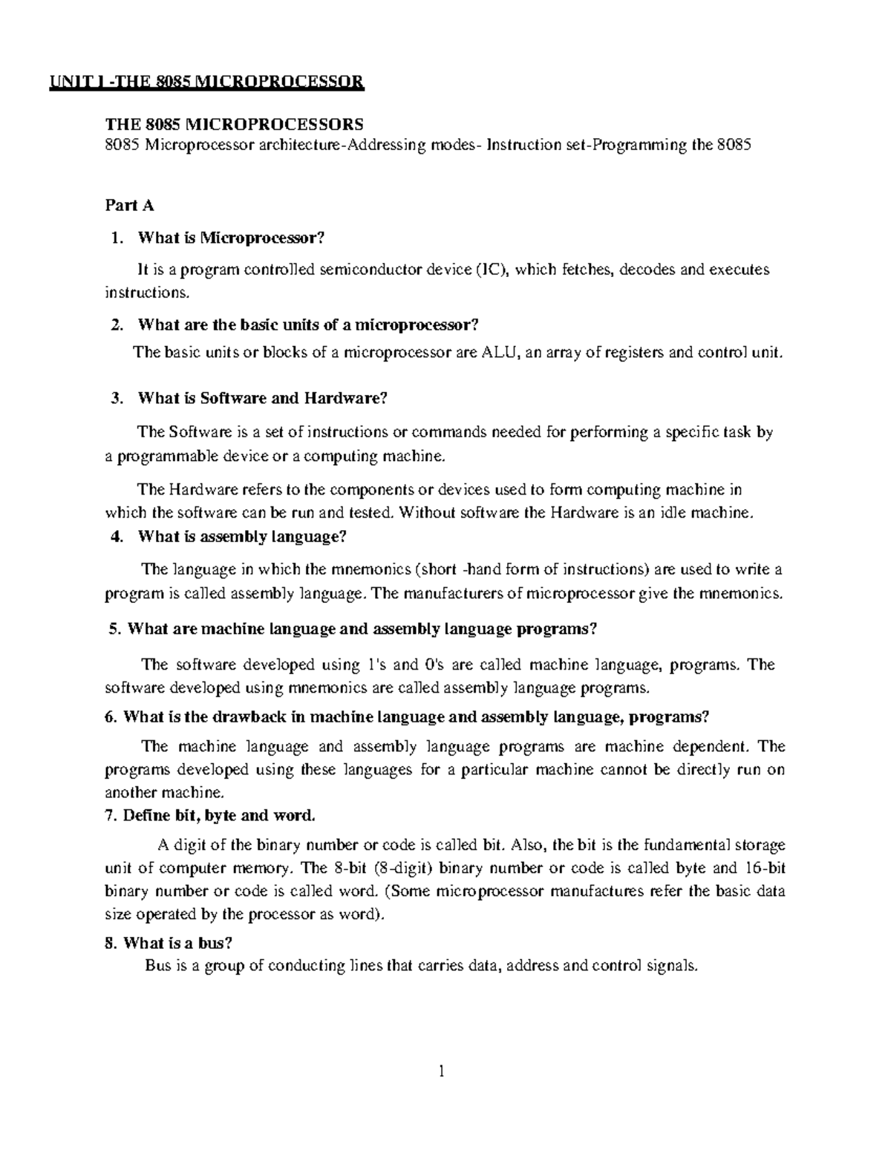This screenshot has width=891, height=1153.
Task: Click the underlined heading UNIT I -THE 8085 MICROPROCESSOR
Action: coord(207,81)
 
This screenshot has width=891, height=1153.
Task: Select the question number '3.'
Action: coord(115,398)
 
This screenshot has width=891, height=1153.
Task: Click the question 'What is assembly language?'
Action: coord(242,536)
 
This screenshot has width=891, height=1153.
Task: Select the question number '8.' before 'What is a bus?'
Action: coord(111,944)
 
